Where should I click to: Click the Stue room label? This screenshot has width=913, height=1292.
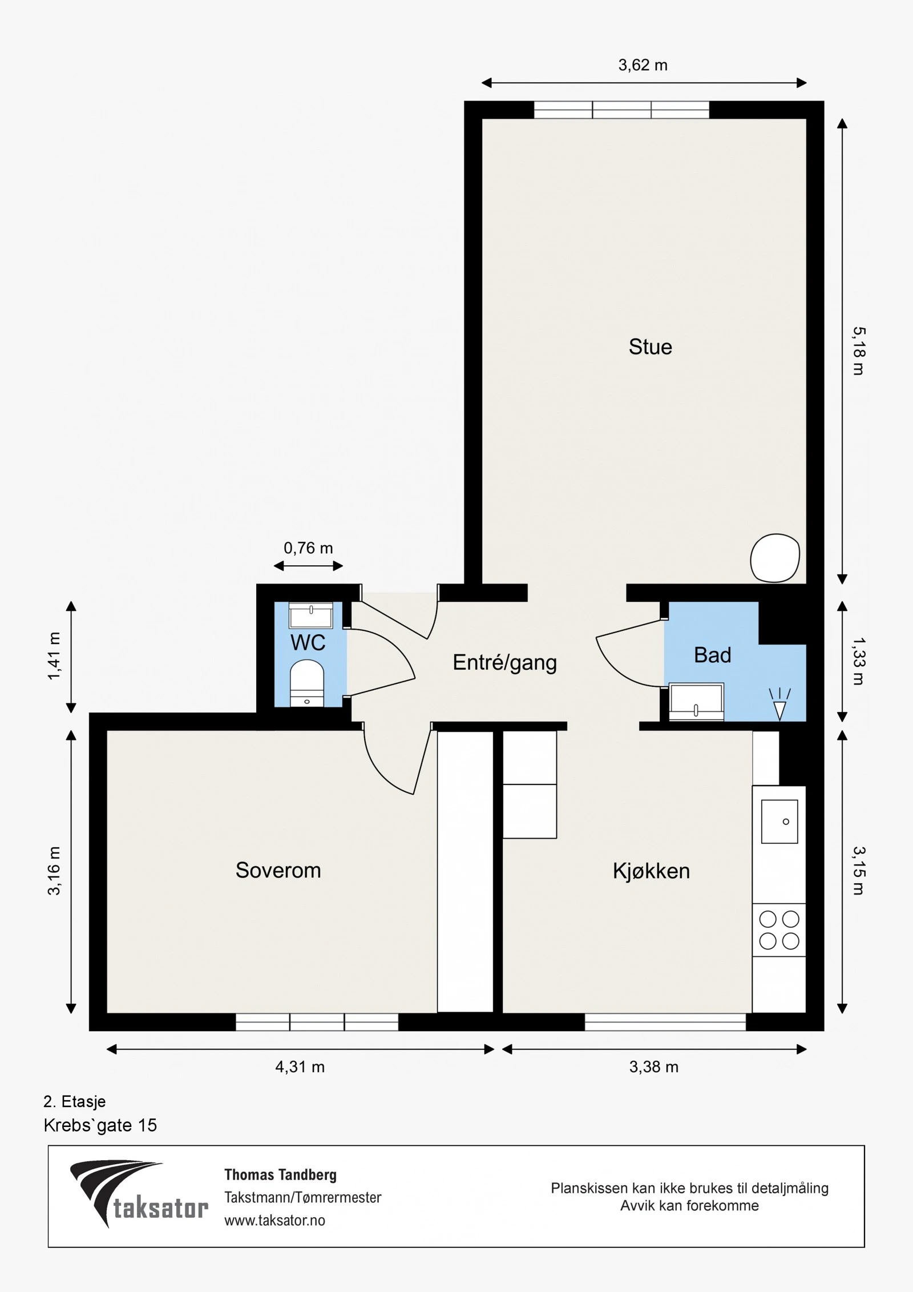pos(650,347)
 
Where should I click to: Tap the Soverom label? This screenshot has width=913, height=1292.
pos(278,871)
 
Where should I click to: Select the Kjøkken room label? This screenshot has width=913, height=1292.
pos(651,871)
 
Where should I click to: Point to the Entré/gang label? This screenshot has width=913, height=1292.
pos(504,663)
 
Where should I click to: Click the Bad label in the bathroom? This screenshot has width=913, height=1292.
pos(712,655)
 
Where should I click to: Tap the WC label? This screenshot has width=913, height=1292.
pos(308,643)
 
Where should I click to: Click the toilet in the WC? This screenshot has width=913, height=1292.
pos(307,683)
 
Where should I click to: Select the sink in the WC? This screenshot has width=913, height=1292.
pos(311,615)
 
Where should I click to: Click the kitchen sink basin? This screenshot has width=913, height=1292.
pos(779,822)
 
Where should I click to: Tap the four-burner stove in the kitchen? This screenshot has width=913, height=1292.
pos(779,929)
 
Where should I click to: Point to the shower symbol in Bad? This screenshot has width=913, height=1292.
pos(779,704)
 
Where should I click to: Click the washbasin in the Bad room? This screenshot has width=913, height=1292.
pos(696,702)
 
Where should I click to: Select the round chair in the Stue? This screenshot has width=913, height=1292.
pos(775,558)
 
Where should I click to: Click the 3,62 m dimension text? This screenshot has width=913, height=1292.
pos(643,65)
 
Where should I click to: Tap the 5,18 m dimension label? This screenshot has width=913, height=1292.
pos(859,351)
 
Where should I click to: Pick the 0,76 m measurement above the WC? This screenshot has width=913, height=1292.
pos(308,548)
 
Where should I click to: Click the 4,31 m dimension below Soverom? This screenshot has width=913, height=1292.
pos(300,1066)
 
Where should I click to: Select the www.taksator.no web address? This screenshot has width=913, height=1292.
pos(274,1220)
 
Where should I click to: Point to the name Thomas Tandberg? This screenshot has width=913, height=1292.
pos(280,1174)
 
